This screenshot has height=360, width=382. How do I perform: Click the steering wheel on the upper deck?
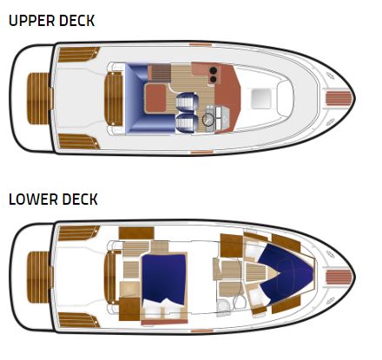(x=208, y=120)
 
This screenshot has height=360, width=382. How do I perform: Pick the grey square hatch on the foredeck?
(x=261, y=99)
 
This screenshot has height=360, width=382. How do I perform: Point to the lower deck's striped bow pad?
(x=339, y=277)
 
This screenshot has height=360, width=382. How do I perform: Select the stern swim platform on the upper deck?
(x=39, y=99)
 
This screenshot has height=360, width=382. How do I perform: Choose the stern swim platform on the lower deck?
(x=39, y=277)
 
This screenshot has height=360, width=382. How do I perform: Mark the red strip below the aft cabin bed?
(x=164, y=322)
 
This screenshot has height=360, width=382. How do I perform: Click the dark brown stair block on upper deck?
(x=160, y=73)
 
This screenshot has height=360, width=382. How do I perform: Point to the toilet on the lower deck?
(x=223, y=306)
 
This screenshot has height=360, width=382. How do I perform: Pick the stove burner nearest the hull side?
(x=214, y=70)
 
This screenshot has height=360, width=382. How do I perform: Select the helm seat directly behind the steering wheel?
(x=186, y=121)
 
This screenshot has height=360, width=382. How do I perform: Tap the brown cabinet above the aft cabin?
(x=136, y=232)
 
